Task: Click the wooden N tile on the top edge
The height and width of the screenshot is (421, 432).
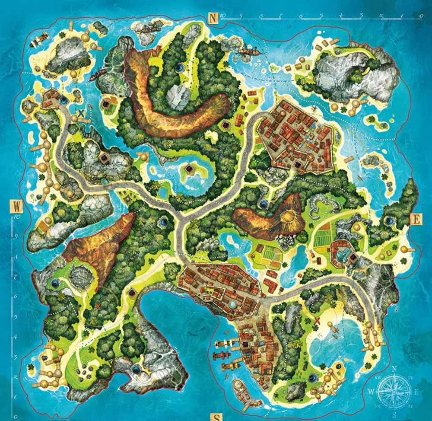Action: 213,18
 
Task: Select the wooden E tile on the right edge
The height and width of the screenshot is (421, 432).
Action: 416,220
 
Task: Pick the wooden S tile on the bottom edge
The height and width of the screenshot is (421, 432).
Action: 216,417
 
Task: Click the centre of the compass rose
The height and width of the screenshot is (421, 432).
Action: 394,391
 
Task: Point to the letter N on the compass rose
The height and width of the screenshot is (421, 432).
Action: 394,369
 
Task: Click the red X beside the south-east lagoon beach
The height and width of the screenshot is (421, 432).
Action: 318,320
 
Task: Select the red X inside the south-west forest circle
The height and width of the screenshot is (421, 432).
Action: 98,306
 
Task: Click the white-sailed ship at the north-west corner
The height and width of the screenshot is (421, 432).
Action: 39,39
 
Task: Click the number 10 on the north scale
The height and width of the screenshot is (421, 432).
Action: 223,16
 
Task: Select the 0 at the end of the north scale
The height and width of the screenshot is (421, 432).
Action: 420,16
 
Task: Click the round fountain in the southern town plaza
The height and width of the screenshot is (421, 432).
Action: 233,304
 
